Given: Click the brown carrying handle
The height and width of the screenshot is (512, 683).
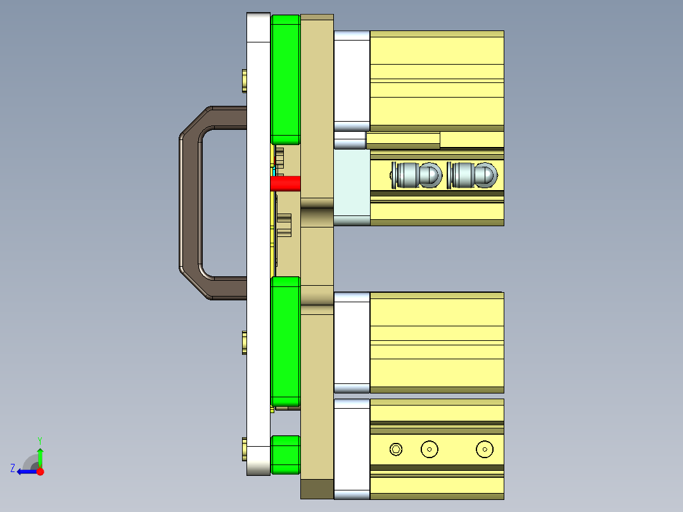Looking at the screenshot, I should pos(189,203).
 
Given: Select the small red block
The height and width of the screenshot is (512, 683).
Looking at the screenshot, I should pos(284,184).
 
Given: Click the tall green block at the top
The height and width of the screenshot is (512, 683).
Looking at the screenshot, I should pos(285,79).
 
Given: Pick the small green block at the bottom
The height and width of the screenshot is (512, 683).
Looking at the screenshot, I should pos(286,454).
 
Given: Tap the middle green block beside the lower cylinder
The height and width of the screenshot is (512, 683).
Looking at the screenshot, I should pos(285,341).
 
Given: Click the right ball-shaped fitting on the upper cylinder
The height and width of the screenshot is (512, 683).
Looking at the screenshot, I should pos(472,175).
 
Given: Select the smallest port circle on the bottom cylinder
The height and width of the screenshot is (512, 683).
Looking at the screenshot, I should pos(396,449).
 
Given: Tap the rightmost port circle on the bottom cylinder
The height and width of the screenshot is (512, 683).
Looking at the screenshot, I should pos(485,449).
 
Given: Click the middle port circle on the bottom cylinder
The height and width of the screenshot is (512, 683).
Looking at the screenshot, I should pos(430,449).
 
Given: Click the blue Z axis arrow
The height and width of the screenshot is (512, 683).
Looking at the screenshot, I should pos(23,471).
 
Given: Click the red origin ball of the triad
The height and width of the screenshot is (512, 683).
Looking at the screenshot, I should pos(40,471).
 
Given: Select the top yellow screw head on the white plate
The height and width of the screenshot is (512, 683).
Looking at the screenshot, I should pos(245,81).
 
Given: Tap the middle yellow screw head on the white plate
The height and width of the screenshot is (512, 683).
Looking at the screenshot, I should pos(245,343).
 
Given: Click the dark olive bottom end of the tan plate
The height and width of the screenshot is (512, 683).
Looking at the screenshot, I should pos(317,489).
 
